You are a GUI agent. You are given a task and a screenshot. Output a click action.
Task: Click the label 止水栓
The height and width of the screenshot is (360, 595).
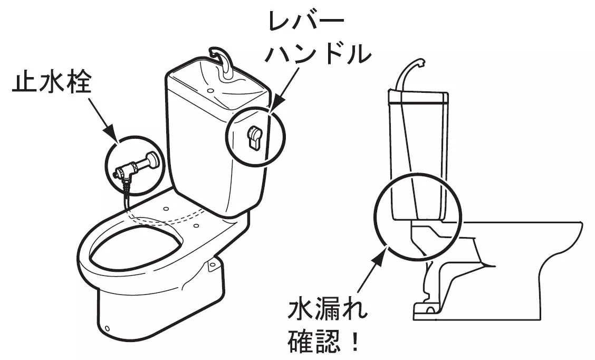tap(52, 82)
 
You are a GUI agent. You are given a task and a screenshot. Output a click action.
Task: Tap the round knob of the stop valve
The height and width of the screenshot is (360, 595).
tap(153, 159)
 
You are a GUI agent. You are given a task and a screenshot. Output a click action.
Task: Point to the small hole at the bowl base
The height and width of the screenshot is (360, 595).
tap(107, 328)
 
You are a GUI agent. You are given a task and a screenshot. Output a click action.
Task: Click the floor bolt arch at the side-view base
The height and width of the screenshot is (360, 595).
tap(430, 309)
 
